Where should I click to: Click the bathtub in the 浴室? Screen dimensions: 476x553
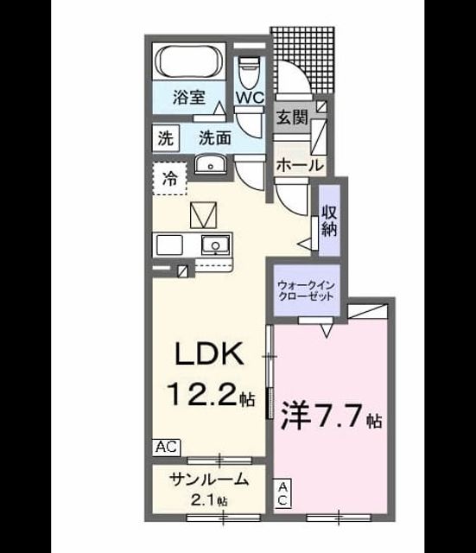click(189, 60)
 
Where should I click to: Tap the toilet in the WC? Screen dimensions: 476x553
click(249, 73)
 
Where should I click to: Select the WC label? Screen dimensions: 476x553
click(250, 97)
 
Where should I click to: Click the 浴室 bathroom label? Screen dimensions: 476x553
click(189, 97)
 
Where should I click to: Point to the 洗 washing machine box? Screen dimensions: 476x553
click(165, 138)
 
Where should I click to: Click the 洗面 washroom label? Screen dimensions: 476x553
click(215, 138)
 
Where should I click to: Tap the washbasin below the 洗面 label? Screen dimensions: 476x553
click(211, 164)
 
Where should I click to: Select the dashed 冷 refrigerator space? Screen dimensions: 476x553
click(170, 179)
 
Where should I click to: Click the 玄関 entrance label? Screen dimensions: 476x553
click(292, 117)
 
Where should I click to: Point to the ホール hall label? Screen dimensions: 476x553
click(300, 165)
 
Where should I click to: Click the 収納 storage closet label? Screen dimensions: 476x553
click(329, 221)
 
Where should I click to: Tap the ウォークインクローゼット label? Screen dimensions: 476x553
click(306, 290)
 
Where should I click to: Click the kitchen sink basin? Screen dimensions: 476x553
click(215, 245)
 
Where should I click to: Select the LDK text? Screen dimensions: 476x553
click(209, 353)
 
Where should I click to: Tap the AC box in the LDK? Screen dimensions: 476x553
click(167, 447)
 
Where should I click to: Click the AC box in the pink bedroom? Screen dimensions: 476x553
click(282, 493)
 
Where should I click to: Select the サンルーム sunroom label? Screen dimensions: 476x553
click(209, 480)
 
